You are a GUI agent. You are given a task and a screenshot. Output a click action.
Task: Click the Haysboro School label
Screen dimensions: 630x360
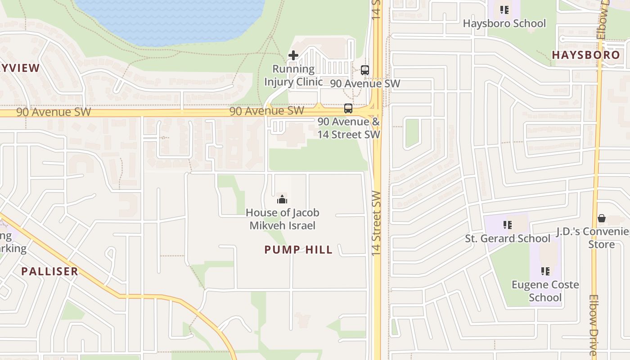[504, 23]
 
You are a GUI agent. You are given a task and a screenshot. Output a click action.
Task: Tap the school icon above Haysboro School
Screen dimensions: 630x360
[504, 9]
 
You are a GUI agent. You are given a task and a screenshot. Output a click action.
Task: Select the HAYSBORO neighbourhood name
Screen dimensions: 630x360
[586, 55]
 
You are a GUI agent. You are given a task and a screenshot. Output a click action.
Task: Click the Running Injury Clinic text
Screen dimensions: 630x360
[293, 75]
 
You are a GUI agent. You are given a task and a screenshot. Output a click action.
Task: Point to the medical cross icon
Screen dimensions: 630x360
[293, 56]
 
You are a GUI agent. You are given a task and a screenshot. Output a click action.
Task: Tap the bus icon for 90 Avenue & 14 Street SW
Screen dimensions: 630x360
[348, 108]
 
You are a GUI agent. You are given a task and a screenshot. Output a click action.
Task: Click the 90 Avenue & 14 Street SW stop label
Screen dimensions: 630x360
[349, 128]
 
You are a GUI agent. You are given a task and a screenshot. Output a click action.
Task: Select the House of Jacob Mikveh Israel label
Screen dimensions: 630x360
[283, 219]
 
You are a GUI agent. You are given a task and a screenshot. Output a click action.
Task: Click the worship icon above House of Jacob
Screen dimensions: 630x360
[282, 199]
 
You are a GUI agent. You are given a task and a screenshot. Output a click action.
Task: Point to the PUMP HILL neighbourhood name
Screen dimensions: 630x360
[298, 250]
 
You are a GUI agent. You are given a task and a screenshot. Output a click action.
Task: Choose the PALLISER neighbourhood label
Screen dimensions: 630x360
[50, 271]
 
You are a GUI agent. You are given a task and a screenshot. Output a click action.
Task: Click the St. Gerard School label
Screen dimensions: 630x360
[508, 238]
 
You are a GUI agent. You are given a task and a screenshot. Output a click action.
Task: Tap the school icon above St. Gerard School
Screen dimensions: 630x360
[508, 225]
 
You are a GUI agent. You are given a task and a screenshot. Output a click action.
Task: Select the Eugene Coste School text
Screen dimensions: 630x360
[545, 291]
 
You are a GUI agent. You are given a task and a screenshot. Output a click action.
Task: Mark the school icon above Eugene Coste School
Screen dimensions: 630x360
[545, 271]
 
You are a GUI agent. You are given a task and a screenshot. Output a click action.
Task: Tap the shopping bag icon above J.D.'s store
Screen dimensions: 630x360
[602, 219]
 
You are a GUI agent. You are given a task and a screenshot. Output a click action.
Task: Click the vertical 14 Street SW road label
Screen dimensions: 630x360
[377, 224]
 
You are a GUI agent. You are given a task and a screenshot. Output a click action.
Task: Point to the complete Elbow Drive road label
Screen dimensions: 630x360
[594, 326]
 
